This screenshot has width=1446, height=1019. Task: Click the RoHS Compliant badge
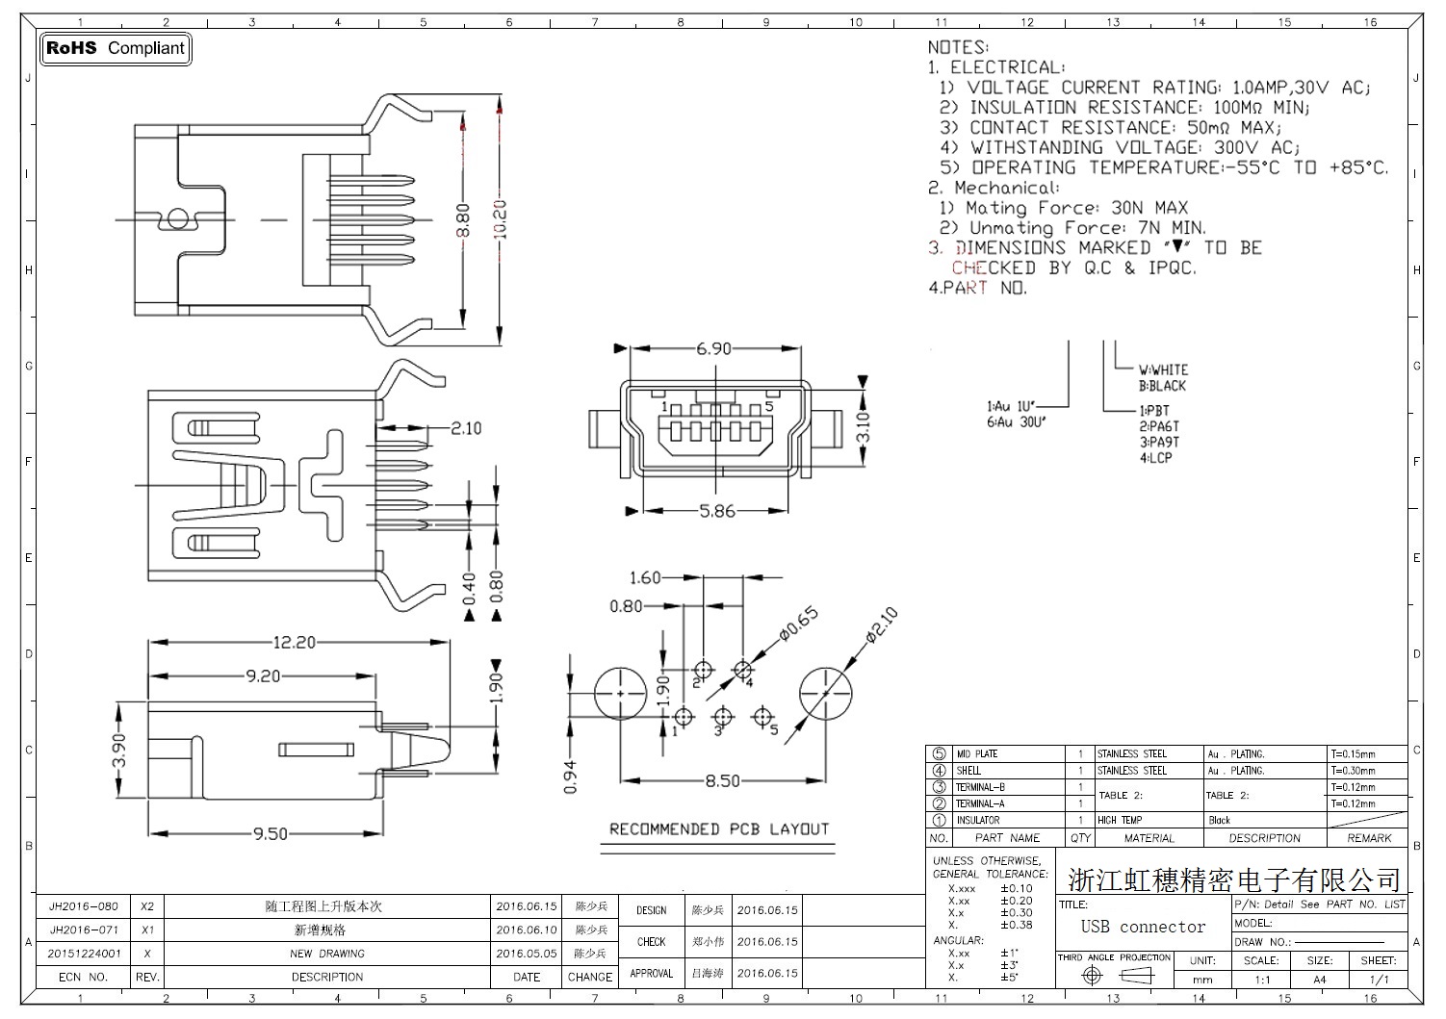(x=116, y=48)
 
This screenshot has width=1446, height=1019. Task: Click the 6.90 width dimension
(x=713, y=348)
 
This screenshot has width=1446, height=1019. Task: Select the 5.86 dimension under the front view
(x=717, y=511)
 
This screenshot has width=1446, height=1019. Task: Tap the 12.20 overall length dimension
(x=294, y=642)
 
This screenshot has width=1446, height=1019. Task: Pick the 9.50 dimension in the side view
(x=271, y=833)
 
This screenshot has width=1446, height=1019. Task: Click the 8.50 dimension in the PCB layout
(x=722, y=781)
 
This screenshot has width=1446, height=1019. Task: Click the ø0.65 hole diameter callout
(x=798, y=624)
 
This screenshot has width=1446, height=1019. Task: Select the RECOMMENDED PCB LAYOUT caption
(x=719, y=828)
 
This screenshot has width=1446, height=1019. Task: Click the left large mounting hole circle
(x=620, y=693)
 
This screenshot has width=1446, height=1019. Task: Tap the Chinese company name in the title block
(x=1234, y=879)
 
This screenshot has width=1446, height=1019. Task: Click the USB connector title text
(x=1143, y=927)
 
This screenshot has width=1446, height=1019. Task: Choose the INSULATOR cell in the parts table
(x=977, y=820)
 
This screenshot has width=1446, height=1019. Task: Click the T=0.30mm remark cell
(x=1353, y=770)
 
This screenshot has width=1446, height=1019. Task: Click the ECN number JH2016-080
(x=84, y=906)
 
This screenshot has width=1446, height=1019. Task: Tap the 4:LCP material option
(x=1156, y=458)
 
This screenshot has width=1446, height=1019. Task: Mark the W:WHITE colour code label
(x=1163, y=369)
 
